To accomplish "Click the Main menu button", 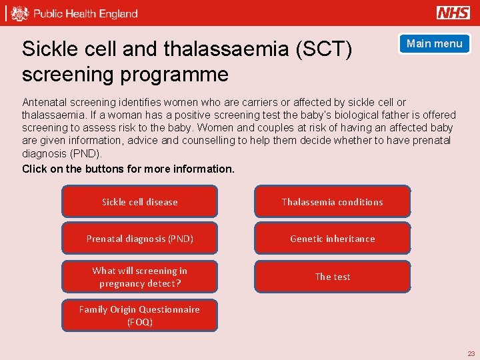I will click(434, 44).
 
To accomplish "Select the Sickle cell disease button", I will click(139, 202).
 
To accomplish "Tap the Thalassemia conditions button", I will click(332, 202).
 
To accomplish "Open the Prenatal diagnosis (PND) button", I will click(139, 239).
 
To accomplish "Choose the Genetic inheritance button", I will click(332, 239).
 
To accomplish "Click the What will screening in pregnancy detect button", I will click(139, 277).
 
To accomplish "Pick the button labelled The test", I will click(332, 277).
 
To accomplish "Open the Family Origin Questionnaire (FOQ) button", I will click(139, 315).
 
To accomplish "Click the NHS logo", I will click(453, 13).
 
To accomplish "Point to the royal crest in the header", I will click(21, 13).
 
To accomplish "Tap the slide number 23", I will click(471, 353).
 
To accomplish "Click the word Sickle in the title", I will click(47, 49).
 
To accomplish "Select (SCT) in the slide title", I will click(327, 49).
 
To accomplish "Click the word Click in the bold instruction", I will click(34, 169).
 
